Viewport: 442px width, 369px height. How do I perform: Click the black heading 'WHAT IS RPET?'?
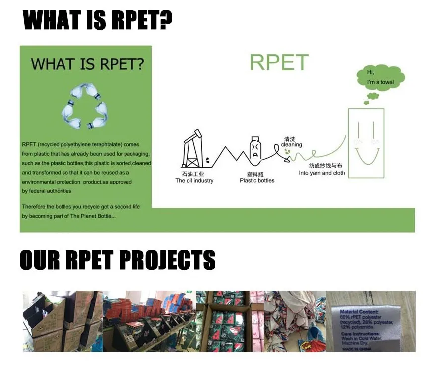[x=98, y=21]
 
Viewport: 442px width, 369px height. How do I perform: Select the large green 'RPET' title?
[x=279, y=63]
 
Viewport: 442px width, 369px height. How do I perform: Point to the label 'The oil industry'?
[x=194, y=181]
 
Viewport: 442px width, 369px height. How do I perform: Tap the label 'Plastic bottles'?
[x=257, y=181]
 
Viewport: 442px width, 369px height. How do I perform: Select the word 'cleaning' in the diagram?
[x=291, y=145]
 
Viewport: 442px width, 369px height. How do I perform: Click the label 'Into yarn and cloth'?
[x=322, y=173]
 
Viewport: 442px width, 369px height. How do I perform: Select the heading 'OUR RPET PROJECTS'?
[x=118, y=260]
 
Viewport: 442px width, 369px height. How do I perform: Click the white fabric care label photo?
[x=370, y=321]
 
